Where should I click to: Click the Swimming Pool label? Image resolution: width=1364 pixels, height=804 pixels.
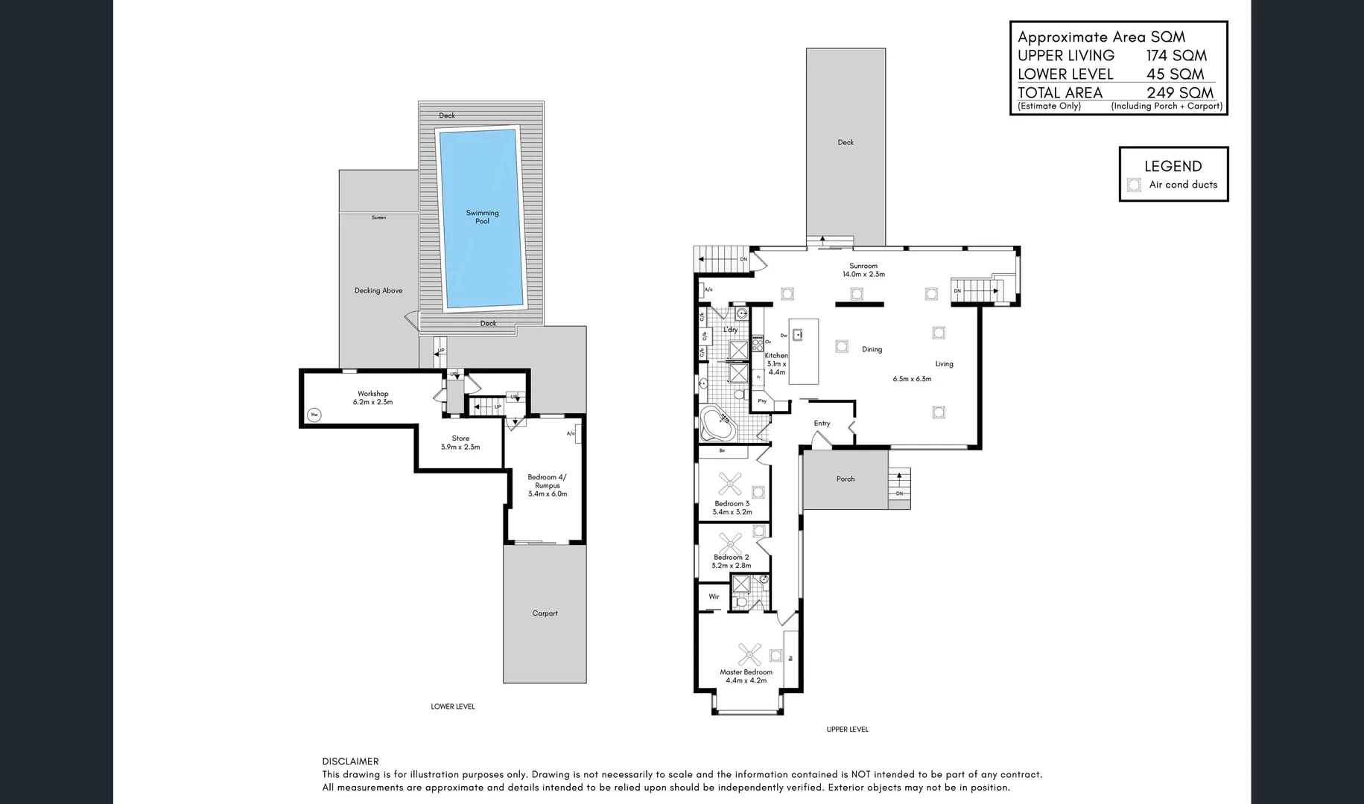482,217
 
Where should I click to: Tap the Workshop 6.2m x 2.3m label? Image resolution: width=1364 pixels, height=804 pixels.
372,398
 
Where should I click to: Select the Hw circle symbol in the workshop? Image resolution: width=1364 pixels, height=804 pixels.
314,415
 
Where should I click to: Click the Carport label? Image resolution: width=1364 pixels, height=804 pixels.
545,613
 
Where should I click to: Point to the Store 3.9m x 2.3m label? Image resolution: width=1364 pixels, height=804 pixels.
460,443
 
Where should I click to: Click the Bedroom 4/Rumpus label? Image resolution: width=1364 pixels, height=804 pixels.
547,485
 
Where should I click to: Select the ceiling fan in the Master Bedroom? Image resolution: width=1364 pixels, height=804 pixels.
749,654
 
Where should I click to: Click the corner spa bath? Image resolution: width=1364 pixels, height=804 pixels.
718,425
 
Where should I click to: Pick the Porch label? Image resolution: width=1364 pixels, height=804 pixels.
845,479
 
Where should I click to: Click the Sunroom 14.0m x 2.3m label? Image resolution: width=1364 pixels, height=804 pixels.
863,269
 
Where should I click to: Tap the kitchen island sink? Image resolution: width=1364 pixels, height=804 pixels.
797,334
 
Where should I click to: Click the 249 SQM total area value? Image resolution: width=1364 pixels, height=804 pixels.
1180,92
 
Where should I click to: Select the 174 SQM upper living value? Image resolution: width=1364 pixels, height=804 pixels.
1176,55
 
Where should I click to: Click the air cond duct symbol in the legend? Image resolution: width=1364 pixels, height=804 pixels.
1134,185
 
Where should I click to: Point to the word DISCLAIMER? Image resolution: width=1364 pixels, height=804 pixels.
350,761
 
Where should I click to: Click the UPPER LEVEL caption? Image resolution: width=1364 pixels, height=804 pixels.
847,730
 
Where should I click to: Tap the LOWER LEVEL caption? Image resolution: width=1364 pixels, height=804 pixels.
452,706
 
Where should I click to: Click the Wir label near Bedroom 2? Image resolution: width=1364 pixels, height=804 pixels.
714,596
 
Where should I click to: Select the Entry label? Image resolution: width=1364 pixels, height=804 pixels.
822,423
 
